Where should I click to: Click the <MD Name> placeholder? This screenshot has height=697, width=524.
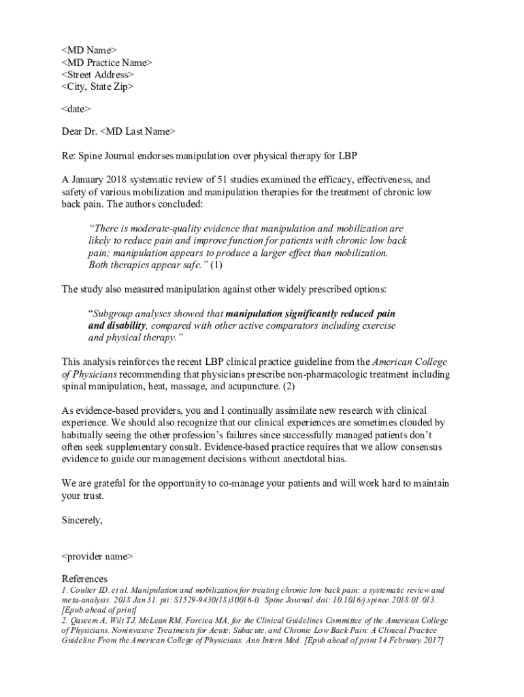tap(89, 50)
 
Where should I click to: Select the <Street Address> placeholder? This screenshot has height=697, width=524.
tap(97, 75)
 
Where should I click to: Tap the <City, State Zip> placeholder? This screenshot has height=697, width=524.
tap(97, 87)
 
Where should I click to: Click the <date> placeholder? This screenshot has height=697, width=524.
tap(76, 109)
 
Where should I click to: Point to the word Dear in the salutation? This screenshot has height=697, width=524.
tap(72, 131)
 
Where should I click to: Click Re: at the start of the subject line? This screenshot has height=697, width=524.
tap(69, 156)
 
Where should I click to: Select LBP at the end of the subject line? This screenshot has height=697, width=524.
tap(347, 156)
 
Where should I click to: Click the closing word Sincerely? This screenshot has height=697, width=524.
tap(82, 521)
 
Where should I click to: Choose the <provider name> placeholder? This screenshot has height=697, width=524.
tap(97, 557)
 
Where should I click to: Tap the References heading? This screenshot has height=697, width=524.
tap(84, 579)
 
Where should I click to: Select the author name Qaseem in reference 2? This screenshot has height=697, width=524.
tap(86, 621)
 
